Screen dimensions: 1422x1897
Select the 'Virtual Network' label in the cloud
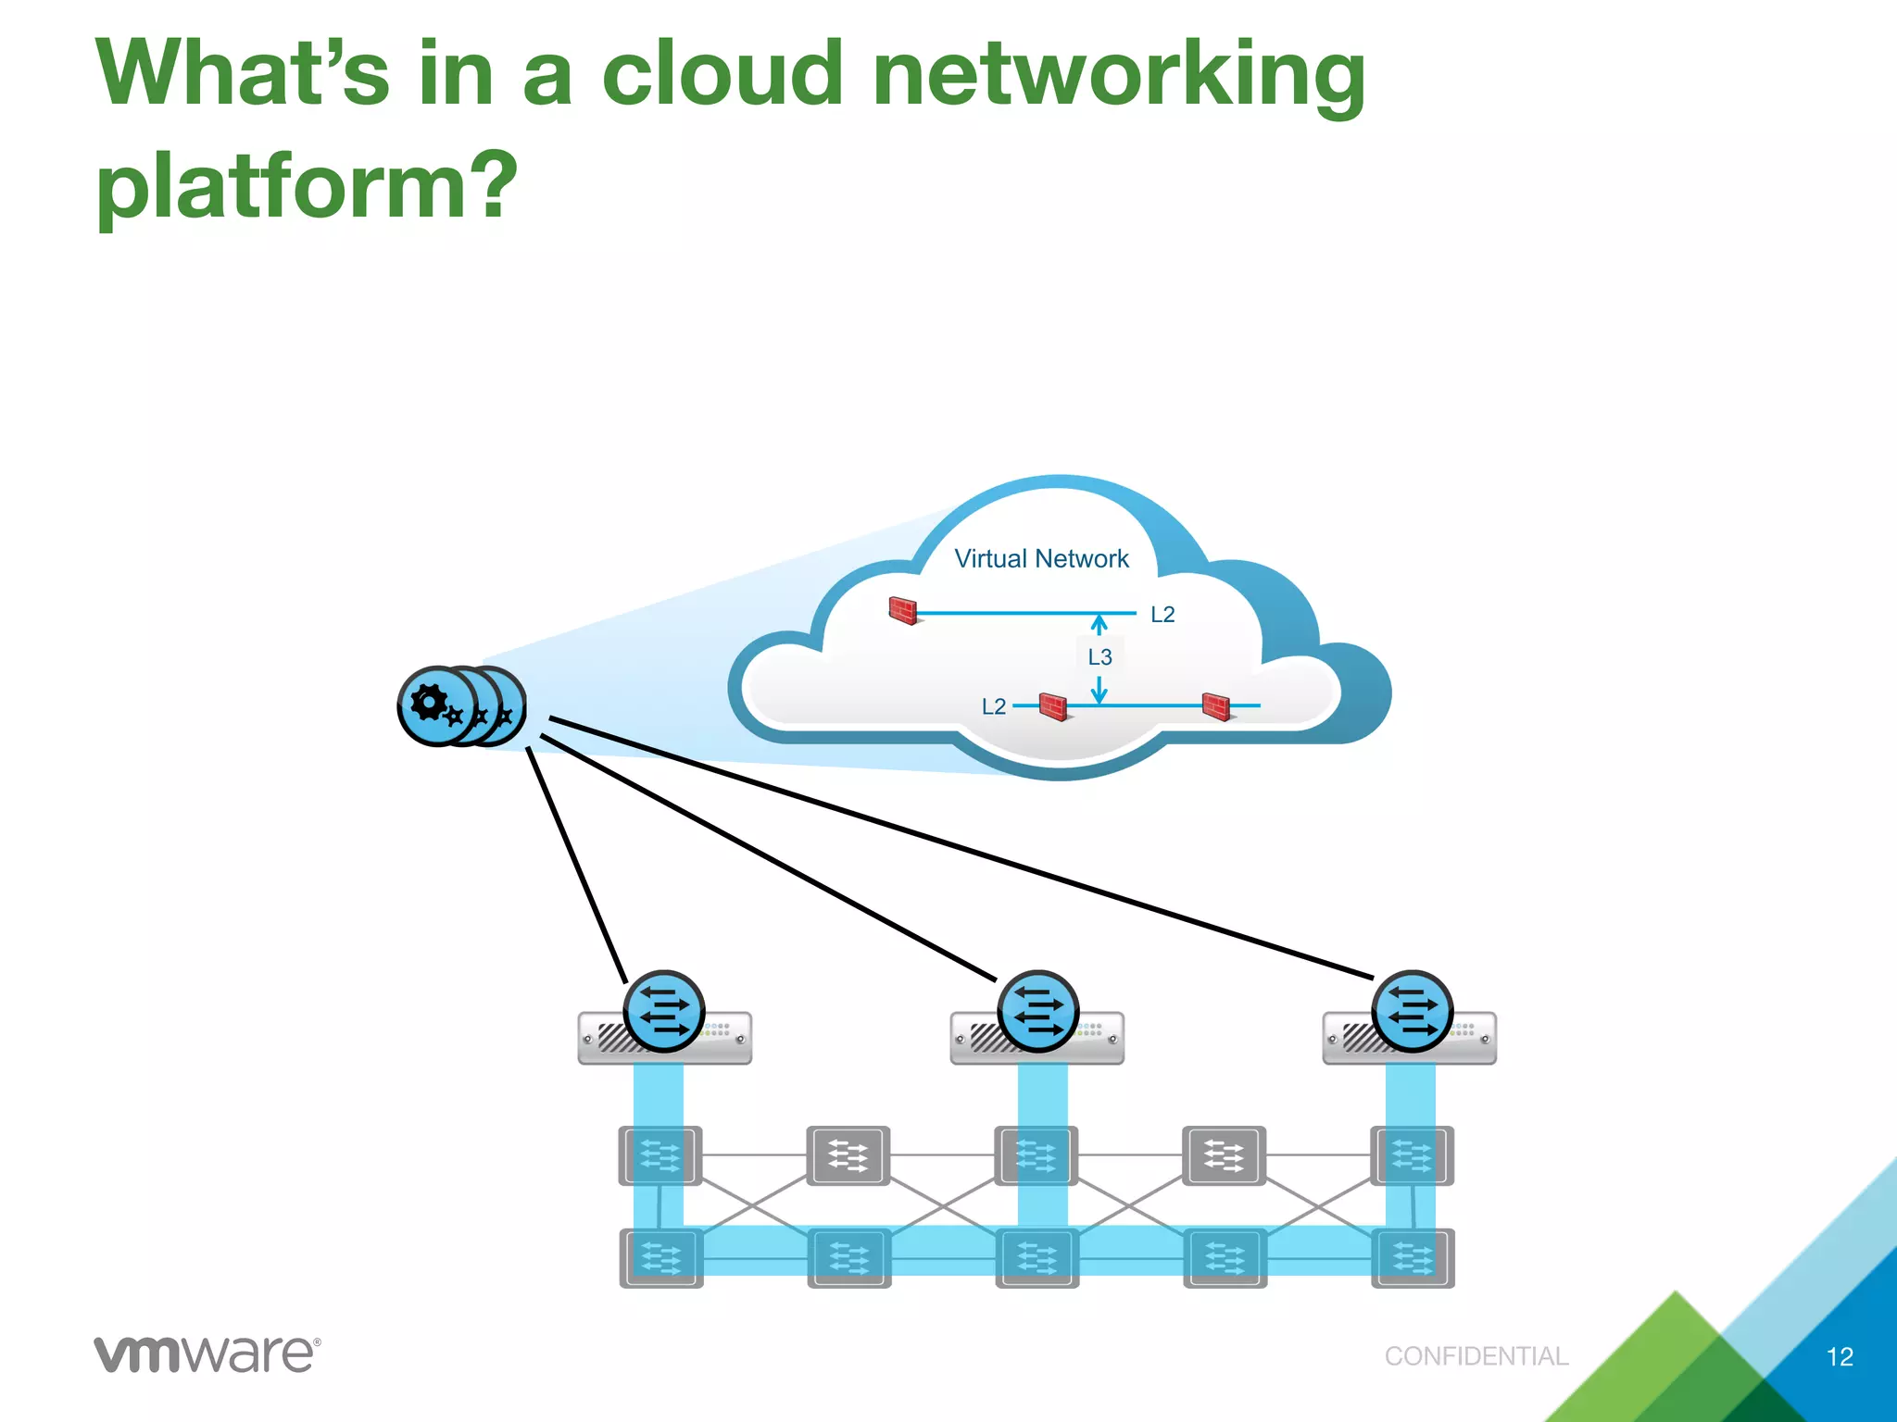click(x=1041, y=558)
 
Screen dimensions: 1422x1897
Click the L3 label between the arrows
click(x=1099, y=657)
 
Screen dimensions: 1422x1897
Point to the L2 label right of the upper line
click(x=1162, y=615)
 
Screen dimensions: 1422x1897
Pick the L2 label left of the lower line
click(x=993, y=707)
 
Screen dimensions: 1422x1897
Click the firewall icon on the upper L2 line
click(x=903, y=610)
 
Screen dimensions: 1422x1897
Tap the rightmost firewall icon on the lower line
click(x=1216, y=706)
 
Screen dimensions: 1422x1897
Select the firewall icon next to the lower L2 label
click(x=1053, y=706)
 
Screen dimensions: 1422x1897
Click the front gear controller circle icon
click(x=436, y=705)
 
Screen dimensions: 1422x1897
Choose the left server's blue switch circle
click(x=664, y=1010)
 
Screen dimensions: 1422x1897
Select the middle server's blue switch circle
click(x=1038, y=1010)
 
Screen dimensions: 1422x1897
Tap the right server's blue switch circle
click(x=1413, y=1010)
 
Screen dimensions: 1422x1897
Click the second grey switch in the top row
click(x=848, y=1155)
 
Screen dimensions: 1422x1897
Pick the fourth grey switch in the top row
click(x=1224, y=1155)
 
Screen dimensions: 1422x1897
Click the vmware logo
click(x=207, y=1354)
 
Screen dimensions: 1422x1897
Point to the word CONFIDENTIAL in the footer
click(x=1476, y=1356)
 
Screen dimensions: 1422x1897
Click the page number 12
click(x=1839, y=1356)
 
